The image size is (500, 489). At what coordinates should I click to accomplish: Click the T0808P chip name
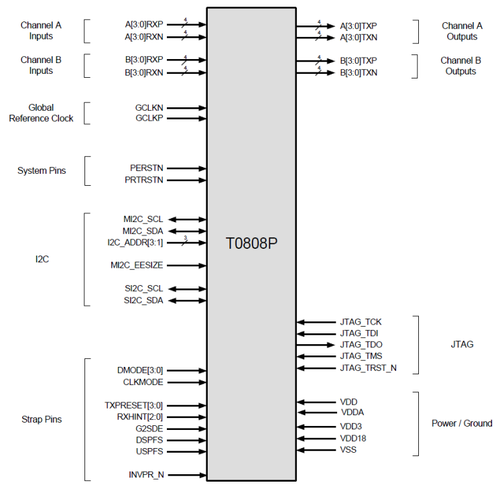pyautogui.click(x=251, y=243)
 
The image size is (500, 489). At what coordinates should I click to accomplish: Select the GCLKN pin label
pyautogui.click(x=149, y=107)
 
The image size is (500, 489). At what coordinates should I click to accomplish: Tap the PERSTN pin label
pyautogui.click(x=146, y=168)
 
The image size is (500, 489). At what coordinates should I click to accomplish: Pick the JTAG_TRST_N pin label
pyautogui.click(x=368, y=368)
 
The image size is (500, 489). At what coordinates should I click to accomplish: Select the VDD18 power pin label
pyautogui.click(x=353, y=438)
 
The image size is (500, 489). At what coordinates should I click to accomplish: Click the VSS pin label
pyautogui.click(x=349, y=449)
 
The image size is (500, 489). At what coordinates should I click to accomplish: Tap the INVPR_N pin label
pyautogui.click(x=146, y=475)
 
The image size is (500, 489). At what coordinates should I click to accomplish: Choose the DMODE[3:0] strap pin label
pyautogui.click(x=140, y=370)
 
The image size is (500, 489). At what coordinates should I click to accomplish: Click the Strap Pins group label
pyautogui.click(x=42, y=419)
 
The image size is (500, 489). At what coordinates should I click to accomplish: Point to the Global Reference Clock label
pyautogui.click(x=42, y=113)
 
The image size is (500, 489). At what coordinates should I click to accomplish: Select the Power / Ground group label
pyautogui.click(x=461, y=423)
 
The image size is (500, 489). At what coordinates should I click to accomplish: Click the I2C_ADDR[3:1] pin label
pyautogui.click(x=135, y=243)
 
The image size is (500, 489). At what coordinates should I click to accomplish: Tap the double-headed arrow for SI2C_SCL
pyautogui.click(x=187, y=289)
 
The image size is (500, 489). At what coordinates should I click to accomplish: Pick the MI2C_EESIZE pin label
pyautogui.click(x=137, y=266)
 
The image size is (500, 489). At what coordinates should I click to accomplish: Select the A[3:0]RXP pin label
pyautogui.click(x=143, y=24)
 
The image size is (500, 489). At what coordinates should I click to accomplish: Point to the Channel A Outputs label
pyautogui.click(x=462, y=31)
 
